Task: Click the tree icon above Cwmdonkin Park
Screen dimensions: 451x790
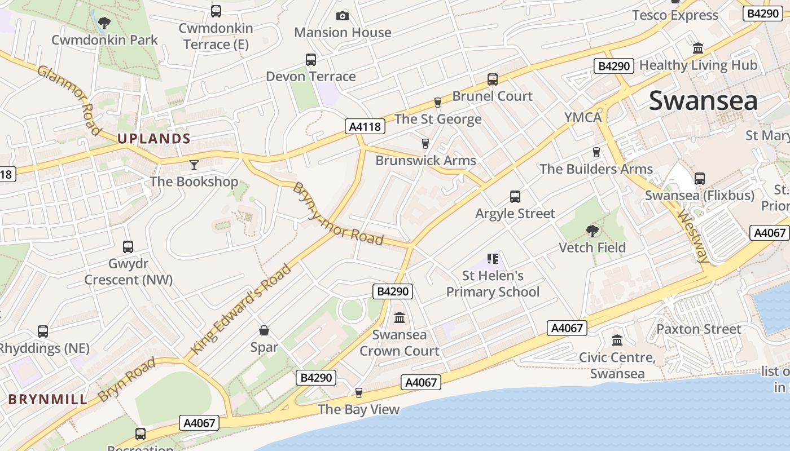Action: click(x=104, y=23)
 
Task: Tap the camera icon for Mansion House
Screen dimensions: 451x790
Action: click(x=343, y=16)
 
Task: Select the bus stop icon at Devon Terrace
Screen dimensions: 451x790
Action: click(x=310, y=60)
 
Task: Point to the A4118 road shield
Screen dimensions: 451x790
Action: click(x=365, y=126)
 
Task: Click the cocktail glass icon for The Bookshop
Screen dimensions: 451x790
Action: click(x=194, y=165)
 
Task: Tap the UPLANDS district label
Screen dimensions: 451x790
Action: click(x=153, y=139)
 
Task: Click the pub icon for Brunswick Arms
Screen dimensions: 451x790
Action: click(x=425, y=144)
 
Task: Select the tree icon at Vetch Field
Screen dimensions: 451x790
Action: click(x=592, y=231)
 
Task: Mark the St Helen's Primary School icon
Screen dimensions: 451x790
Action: click(x=493, y=259)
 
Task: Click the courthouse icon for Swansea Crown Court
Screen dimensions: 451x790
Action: click(x=400, y=318)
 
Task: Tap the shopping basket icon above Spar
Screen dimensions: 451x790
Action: click(x=264, y=330)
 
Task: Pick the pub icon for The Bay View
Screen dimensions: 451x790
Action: click(x=358, y=393)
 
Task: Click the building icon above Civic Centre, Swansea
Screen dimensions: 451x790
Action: click(x=617, y=341)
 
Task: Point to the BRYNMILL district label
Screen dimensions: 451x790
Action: click(x=49, y=400)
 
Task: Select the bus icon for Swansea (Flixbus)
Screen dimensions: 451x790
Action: click(x=700, y=179)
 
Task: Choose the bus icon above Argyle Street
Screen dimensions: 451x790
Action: click(x=515, y=197)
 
